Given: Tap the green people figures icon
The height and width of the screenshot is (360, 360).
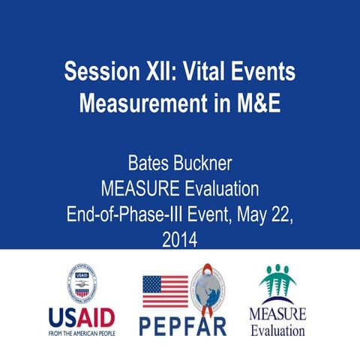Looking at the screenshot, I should (278, 281).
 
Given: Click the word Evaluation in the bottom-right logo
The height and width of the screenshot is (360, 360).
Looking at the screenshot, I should (278, 331).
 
